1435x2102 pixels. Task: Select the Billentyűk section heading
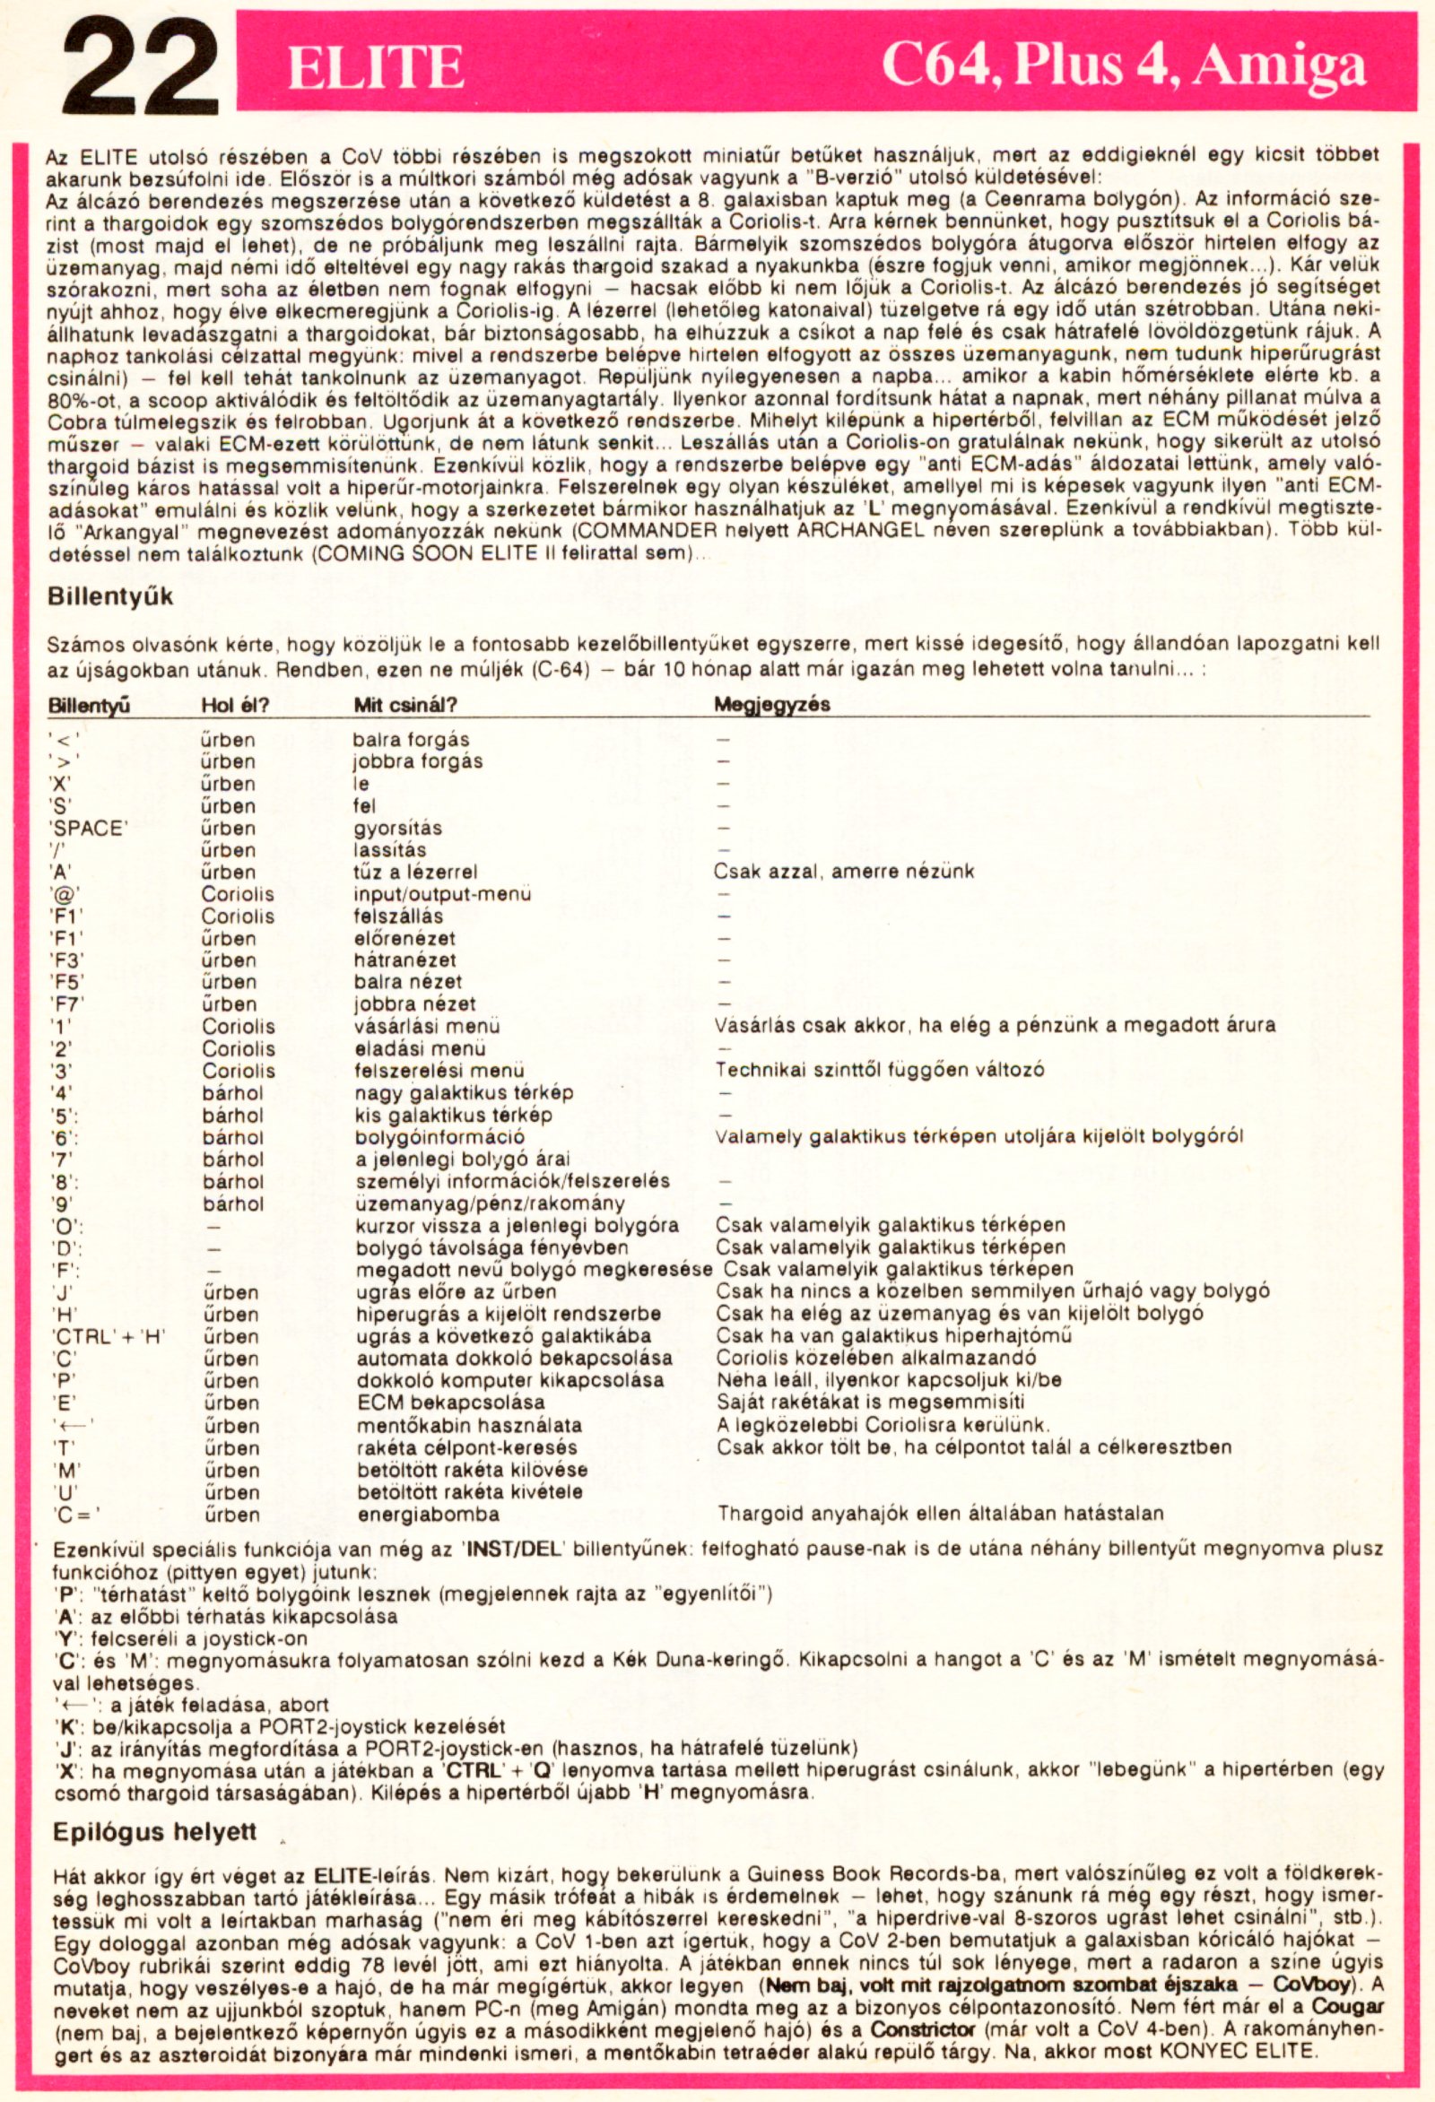point(109,598)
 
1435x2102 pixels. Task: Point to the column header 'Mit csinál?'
point(405,705)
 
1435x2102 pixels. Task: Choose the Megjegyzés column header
point(772,704)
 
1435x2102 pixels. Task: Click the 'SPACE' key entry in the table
point(88,829)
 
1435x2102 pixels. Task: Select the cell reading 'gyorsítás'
point(397,829)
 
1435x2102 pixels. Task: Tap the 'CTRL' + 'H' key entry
point(108,1337)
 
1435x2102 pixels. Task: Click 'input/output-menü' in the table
point(442,895)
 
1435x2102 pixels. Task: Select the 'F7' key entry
point(66,1005)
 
